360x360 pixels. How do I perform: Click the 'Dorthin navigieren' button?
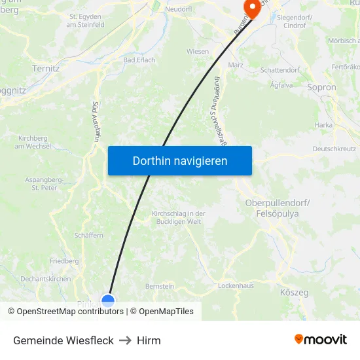point(180,160)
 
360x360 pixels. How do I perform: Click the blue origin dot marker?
point(108,300)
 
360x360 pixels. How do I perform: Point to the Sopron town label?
point(321,87)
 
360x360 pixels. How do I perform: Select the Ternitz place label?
point(46,68)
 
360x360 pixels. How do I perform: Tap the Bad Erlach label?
point(139,60)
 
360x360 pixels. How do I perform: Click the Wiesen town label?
point(198,52)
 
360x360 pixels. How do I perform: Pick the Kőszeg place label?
point(294,293)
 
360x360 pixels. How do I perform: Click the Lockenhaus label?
point(236,286)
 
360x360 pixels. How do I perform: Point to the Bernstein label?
point(160,286)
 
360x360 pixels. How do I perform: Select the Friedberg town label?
point(64,261)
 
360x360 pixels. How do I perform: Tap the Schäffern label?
point(89,235)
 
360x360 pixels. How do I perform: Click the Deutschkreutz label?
point(333,149)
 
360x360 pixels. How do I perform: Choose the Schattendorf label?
point(279,70)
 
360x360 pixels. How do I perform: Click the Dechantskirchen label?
point(46,279)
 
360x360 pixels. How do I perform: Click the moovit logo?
point(321,340)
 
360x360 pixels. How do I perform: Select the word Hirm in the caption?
point(149,340)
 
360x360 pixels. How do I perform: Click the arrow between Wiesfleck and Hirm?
point(125,340)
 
